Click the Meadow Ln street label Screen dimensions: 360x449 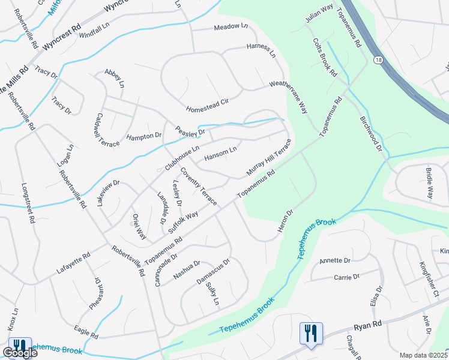231,26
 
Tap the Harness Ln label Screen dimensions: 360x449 261,50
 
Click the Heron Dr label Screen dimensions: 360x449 286,221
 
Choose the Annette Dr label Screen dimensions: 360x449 334,260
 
